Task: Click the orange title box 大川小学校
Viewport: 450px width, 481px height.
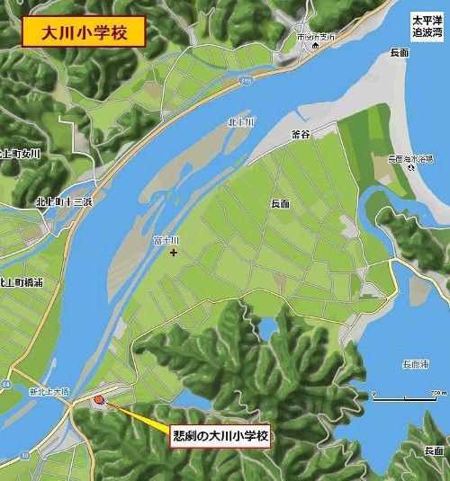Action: pos(83,31)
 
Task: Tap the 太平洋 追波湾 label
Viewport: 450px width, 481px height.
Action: pos(427,24)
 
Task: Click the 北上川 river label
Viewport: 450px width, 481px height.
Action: pos(241,121)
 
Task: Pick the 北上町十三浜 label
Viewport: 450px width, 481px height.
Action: pos(66,201)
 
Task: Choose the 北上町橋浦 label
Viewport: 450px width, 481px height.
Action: pos(20,281)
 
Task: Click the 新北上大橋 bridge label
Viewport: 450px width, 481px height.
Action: pos(49,391)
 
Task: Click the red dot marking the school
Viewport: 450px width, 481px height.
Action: pos(99,399)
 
